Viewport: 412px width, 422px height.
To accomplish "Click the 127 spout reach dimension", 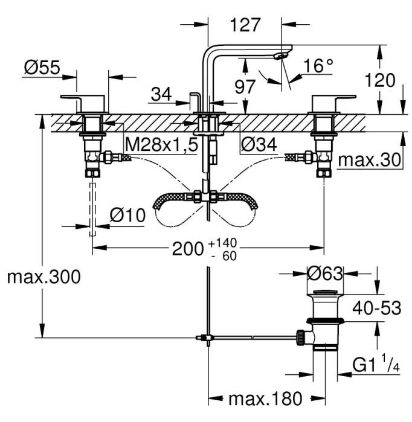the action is point(245,25).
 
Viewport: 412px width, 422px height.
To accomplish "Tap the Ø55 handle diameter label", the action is point(42,67).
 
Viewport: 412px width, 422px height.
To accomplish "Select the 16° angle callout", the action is point(318,65).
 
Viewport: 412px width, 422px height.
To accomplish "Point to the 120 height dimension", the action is point(380,80).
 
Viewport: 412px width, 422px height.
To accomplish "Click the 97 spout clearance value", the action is point(245,86).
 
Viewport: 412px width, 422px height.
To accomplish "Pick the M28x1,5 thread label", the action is point(161,144).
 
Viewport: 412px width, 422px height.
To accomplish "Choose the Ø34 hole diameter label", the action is point(259,144).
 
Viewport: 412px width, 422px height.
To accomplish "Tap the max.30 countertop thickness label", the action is point(370,160).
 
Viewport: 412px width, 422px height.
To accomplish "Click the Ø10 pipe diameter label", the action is point(127,216).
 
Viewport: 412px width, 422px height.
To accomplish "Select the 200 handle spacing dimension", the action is point(188,249).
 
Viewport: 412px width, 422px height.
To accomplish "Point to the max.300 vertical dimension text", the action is point(44,277).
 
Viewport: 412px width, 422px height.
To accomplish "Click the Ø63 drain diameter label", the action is point(325,273).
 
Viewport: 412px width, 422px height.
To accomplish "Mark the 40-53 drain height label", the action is point(377,308).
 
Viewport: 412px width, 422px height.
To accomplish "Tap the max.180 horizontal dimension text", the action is point(266,398).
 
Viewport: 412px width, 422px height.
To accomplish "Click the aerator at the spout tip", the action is point(280,56).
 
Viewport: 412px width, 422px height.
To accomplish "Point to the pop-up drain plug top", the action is point(326,292).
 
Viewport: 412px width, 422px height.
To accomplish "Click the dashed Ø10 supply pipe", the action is point(92,209).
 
